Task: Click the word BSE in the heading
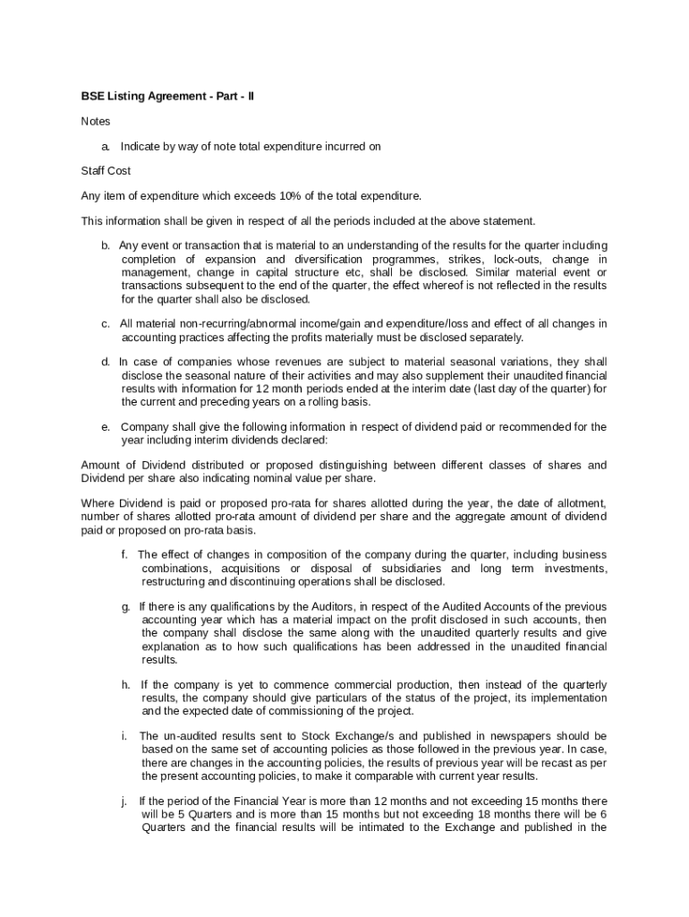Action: [x=92, y=96]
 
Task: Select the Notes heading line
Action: [x=96, y=121]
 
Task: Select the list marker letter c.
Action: [x=105, y=323]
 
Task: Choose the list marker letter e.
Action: [x=105, y=427]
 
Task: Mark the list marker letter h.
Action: [x=126, y=685]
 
